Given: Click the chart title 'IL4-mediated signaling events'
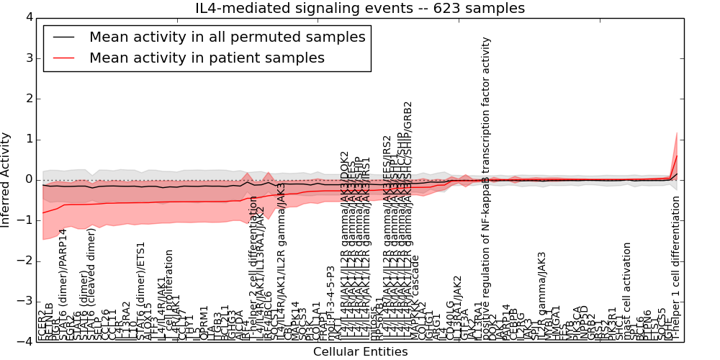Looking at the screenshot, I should tap(360, 8).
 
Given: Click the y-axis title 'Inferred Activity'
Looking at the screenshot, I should tap(6, 179).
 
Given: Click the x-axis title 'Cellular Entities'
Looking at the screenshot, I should tap(360, 352).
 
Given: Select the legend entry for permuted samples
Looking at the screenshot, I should tap(227, 37).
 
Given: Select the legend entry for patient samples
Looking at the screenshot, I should tap(207, 58).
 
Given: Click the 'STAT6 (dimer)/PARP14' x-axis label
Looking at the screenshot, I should tap(63, 284).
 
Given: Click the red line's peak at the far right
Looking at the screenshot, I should tap(677, 156).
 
